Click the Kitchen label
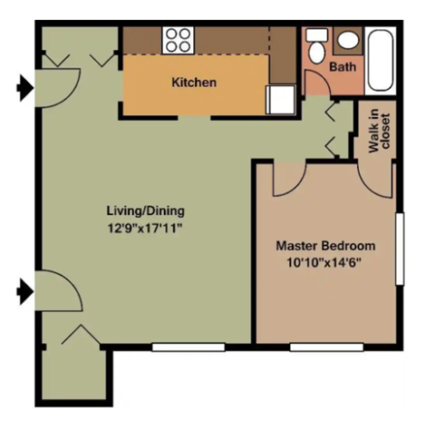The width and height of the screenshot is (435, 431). click(x=194, y=83)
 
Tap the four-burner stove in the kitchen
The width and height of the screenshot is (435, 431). click(x=178, y=40)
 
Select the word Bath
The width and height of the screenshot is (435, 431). click(x=342, y=67)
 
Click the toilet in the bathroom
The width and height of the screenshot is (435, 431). click(x=316, y=47)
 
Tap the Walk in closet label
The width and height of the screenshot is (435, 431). click(x=381, y=132)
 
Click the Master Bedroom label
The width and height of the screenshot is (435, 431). click(x=325, y=246)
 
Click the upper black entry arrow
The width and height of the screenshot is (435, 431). click(x=24, y=88)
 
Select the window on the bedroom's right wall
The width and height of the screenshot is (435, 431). click(x=399, y=249)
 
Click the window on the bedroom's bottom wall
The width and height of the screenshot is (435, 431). click(x=326, y=346)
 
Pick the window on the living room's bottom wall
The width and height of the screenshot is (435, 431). click(x=188, y=346)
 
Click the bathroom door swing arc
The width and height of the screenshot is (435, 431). click(x=317, y=83)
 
